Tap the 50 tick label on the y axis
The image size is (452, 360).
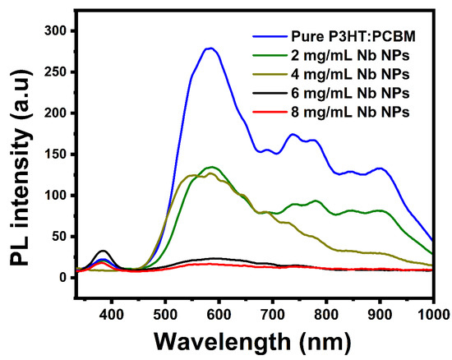point(60,237)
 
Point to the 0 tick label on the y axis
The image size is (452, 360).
point(64,278)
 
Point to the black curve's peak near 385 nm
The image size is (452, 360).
point(103,251)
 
